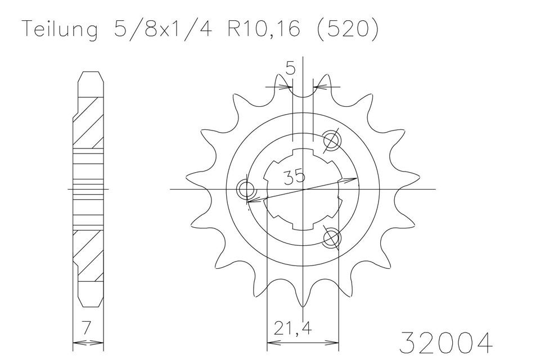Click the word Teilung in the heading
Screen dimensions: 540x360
[60, 30]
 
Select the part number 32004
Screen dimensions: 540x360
[446, 343]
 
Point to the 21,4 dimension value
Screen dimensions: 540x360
[293, 328]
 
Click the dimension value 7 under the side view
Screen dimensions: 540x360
[87, 327]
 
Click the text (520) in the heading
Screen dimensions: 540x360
[347, 29]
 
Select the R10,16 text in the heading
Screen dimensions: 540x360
[264, 29]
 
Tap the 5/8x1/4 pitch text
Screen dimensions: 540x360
[162, 29]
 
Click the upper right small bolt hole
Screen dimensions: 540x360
[332, 141]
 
